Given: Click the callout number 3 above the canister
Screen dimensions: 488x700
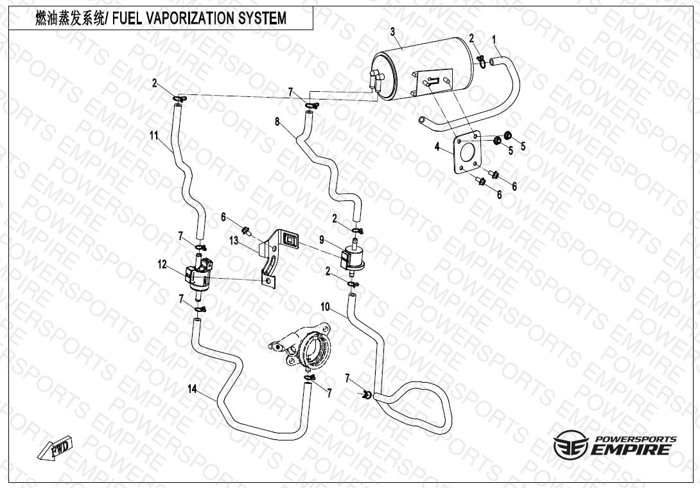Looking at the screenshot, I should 393,31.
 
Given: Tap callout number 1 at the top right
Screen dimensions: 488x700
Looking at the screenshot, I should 494,40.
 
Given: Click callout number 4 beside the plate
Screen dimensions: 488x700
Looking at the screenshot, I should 437,147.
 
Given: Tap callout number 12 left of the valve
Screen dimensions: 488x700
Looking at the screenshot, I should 162,263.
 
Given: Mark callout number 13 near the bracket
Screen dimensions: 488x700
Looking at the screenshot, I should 234,240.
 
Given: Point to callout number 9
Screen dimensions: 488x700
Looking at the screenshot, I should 322,241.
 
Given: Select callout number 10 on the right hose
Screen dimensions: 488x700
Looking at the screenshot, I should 326,307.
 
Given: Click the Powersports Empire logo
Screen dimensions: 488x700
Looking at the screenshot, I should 615,445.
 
